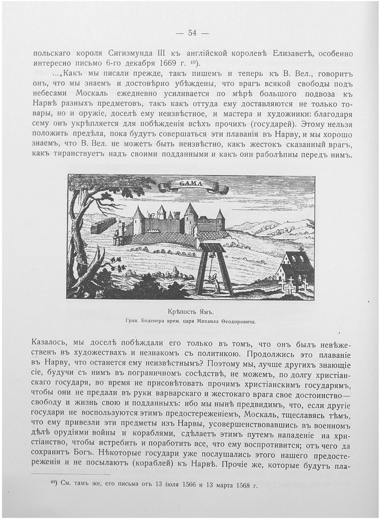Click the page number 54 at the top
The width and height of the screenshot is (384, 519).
click(192, 33)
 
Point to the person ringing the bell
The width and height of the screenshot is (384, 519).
click(217, 283)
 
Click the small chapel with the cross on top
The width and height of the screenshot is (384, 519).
click(294, 269)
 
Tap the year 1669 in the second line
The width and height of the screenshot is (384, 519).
click(166, 63)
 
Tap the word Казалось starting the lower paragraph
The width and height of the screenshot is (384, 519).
click(51, 341)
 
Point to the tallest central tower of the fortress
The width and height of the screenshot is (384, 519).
click(191, 218)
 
